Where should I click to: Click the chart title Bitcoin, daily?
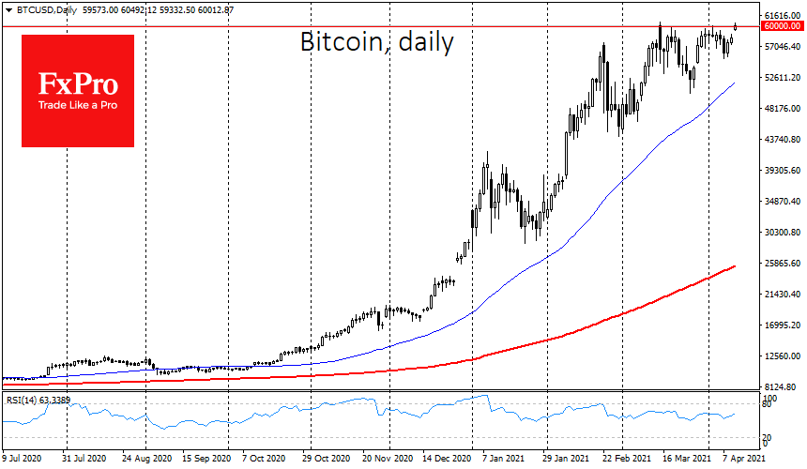point(376,41)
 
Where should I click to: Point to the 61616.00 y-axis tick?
point(781,16)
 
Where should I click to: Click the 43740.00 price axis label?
point(781,140)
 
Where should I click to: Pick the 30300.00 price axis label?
point(781,233)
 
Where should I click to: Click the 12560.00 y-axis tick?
point(781,356)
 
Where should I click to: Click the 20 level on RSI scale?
point(769,438)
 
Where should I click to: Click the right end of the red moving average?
point(734,266)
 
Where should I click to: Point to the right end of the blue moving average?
point(734,83)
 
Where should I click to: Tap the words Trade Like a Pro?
point(77,105)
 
